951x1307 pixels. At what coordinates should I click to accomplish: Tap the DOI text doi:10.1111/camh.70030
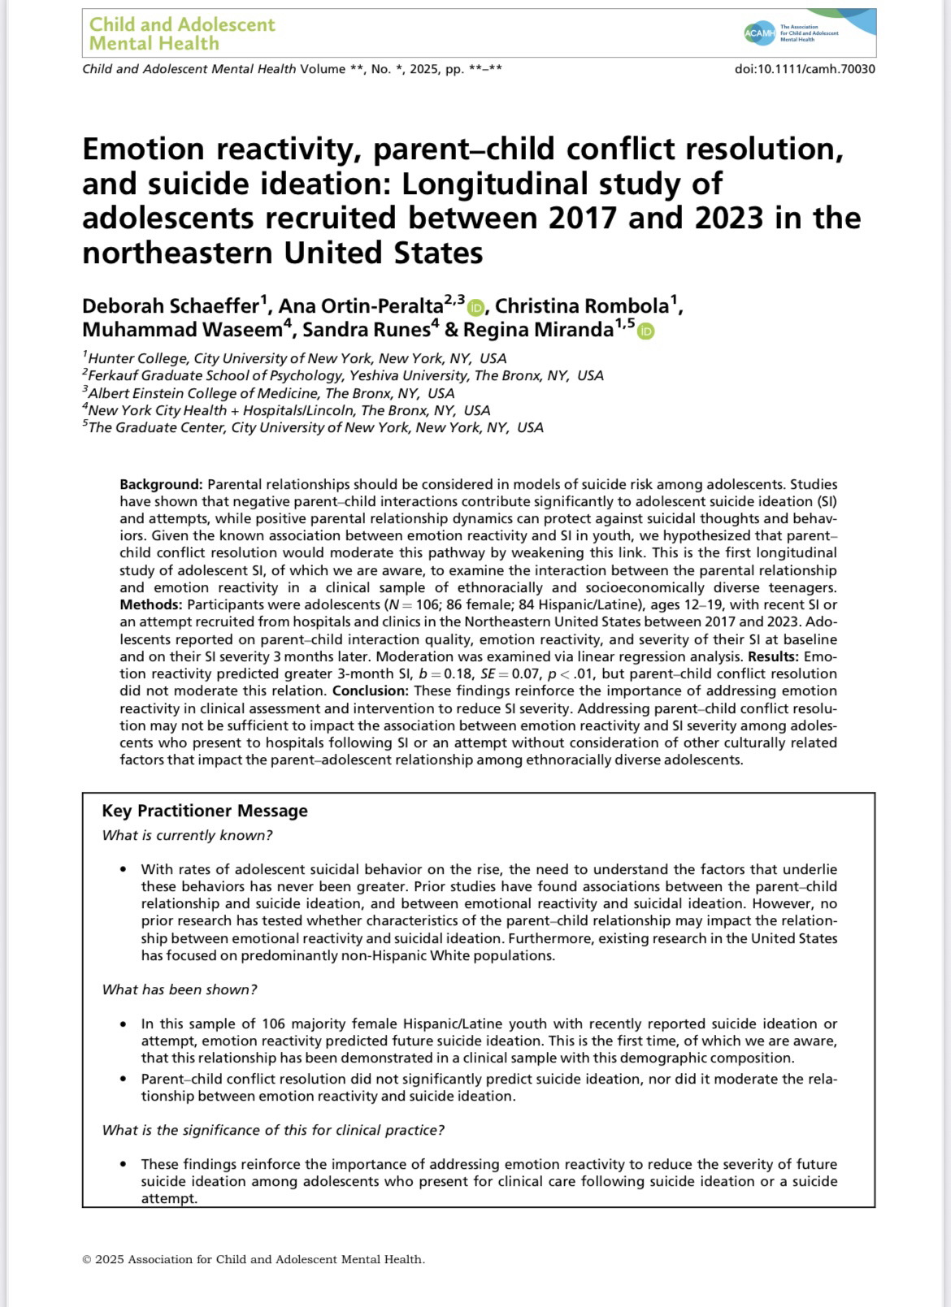805,69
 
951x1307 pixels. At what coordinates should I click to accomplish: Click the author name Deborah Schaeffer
171,306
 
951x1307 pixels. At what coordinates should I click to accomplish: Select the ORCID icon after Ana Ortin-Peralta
476,307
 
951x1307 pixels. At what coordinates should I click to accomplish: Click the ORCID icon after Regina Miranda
645,331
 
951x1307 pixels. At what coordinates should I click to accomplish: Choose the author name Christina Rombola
583,306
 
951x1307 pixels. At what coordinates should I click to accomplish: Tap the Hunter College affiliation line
295,358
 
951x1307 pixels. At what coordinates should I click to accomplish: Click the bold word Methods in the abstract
150,604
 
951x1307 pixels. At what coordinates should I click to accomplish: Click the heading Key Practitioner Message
205,811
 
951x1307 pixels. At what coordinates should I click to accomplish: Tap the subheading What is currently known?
187,835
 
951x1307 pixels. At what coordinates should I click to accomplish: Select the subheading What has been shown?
180,989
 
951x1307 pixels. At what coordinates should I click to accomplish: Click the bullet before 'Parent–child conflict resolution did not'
123,1080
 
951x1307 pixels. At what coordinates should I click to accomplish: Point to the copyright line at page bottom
254,1260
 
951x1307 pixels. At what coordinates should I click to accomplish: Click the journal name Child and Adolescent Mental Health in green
182,33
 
